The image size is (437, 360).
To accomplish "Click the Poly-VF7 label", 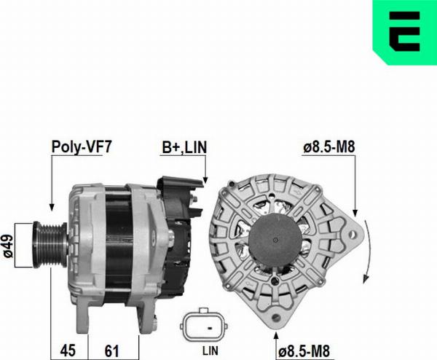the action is [82, 146].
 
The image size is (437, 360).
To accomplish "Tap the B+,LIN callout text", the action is [184, 147].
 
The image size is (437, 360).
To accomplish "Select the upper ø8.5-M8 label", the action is [329, 147].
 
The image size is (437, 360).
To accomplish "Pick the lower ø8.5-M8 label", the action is [304, 351].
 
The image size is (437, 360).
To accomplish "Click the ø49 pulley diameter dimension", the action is [7, 246].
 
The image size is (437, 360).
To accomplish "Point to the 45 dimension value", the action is [68, 351].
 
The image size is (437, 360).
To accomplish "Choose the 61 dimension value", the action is [111, 351].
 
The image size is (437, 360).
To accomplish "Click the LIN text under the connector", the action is [210, 351].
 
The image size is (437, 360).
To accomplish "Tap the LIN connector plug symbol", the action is [204, 325].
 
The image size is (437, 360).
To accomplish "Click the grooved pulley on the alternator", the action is [50, 245].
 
